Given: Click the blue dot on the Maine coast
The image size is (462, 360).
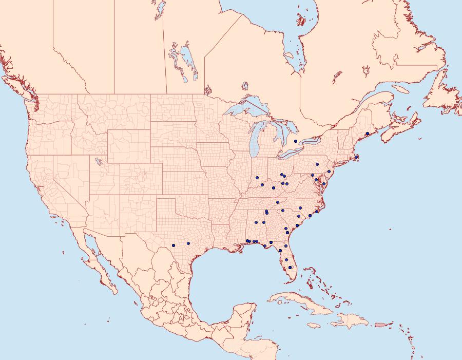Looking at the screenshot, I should pyautogui.click(x=368, y=134).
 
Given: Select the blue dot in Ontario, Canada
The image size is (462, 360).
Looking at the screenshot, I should pyautogui.click(x=296, y=141).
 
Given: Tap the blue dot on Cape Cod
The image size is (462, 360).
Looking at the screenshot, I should pyautogui.click(x=356, y=157).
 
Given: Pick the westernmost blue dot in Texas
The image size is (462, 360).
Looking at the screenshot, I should pyautogui.click(x=174, y=245).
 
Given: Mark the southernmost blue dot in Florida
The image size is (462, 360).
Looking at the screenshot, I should pyautogui.click(x=290, y=268).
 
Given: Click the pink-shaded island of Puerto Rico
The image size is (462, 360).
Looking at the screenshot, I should pyautogui.click(x=380, y=324).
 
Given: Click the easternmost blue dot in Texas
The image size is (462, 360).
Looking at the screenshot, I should pyautogui.click(x=188, y=243).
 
